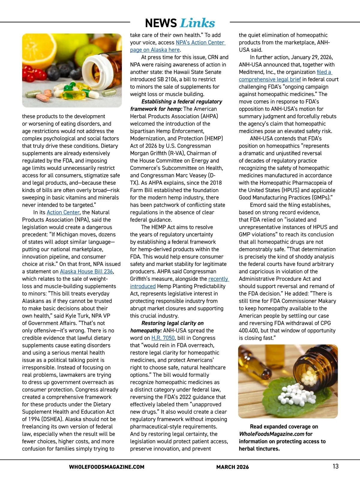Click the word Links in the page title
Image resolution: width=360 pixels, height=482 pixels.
coord(198,23)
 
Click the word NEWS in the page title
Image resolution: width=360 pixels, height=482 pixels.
coord(161,23)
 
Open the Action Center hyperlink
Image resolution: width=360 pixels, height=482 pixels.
coord(63,212)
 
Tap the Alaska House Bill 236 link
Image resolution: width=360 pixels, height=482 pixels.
coord(86,272)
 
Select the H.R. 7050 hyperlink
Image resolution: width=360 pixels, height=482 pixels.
coord(163,338)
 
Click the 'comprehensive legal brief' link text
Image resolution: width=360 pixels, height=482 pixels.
coord(270,80)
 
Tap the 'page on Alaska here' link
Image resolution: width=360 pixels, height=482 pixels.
coord(155,50)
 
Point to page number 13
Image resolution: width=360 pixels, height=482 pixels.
coord(335,466)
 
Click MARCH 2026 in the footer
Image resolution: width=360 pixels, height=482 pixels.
coord(232,467)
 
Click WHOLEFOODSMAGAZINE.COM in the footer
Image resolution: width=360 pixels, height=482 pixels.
coord(106,467)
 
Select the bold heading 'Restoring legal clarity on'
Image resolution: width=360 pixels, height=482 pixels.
coord(172,323)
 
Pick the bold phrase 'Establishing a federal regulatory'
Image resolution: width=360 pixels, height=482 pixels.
coord(182,102)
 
